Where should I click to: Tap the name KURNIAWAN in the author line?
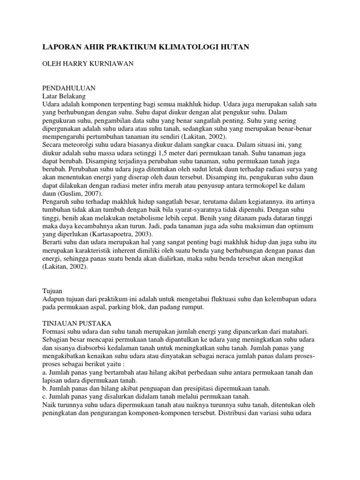click(111, 63)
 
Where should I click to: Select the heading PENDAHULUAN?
click(69, 88)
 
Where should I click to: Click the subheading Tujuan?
click(52, 290)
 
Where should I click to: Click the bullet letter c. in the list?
click(45, 396)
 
